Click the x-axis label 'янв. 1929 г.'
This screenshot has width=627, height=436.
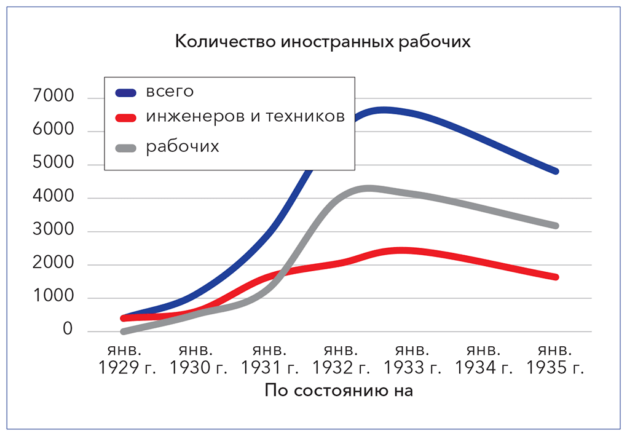pyautogui.click(x=127, y=359)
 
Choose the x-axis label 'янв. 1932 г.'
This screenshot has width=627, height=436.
pyautogui.click(x=341, y=359)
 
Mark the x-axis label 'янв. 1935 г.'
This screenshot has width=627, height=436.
pyautogui.click(x=555, y=359)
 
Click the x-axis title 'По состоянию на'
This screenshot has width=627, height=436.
pyautogui.click(x=339, y=391)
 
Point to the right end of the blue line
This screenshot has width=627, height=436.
pyautogui.click(x=555, y=171)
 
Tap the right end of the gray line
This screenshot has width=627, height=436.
pyautogui.click(x=555, y=226)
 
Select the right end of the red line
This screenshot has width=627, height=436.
pyautogui.click(x=555, y=277)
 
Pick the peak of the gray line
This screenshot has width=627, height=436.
pyautogui.click(x=369, y=189)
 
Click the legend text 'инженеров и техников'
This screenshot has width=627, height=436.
pyautogui.click(x=245, y=117)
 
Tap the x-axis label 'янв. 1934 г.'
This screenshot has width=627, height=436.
pyautogui.click(x=484, y=359)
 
